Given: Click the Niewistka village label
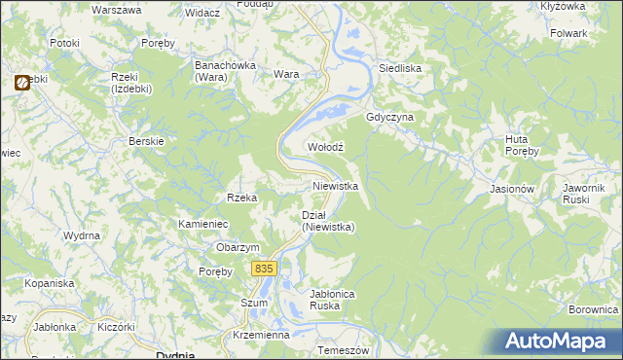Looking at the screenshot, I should pos(336,185).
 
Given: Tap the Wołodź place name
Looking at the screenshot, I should pos(326,146).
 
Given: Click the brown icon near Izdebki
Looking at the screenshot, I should pos(20,84).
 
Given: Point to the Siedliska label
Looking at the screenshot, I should pos(399,69).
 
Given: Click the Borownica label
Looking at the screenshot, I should pos(594,309).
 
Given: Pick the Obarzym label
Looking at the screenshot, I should pos(238,247).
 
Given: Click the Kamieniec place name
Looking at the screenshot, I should pos(202,224).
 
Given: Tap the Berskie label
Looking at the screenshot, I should pos(147,140).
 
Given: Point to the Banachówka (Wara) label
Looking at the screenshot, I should pos(224,70).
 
